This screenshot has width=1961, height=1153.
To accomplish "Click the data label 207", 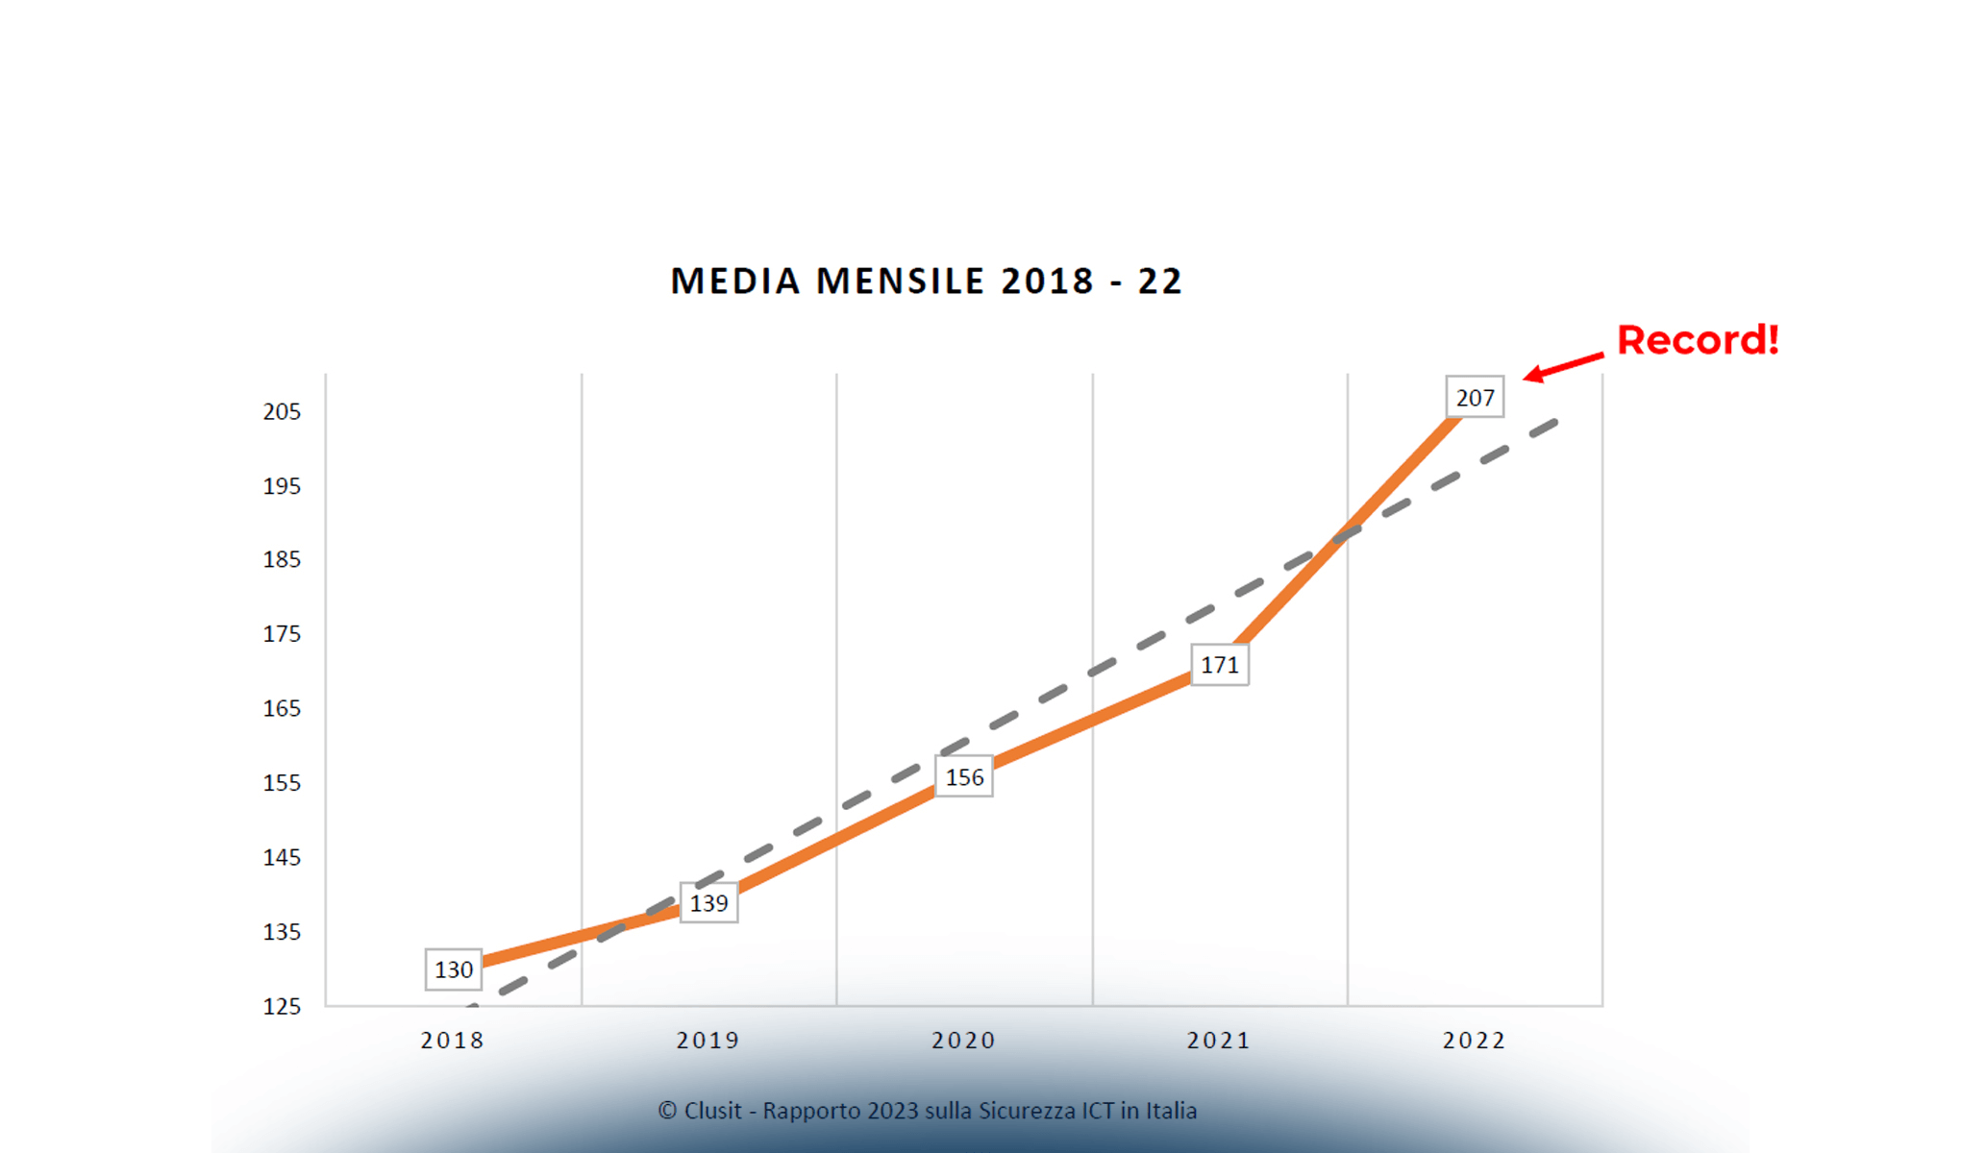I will coord(1475,398).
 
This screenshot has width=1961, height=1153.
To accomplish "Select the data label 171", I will coord(1219,665).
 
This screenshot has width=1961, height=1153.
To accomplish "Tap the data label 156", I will coord(964,777).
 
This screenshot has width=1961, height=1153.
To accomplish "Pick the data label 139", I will coord(708,903).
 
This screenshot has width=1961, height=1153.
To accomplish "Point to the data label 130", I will coord(454,969).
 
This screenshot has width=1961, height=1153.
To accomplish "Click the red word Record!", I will coord(1698,340).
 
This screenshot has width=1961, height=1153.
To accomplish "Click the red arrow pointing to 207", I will coord(1563,366).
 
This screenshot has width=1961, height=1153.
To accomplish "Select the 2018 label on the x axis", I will coord(453,1041).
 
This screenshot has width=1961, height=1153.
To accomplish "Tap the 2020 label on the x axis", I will coord(963,1041).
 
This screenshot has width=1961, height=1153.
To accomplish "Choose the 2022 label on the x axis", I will coord(1474,1041).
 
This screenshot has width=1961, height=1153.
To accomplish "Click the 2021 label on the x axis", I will coord(1219,1041).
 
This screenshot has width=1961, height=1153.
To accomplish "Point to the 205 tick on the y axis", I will coord(282,411).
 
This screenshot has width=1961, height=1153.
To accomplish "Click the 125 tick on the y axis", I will coord(282,1006).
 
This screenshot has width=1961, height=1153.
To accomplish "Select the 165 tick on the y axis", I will coord(282,708).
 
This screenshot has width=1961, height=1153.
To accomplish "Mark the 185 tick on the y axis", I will coord(282,559).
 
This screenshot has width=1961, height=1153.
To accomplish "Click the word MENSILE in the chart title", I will coord(901,282).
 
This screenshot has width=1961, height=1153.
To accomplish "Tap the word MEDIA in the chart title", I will coord(735,282).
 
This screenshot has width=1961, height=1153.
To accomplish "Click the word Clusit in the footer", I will coord(712,1111).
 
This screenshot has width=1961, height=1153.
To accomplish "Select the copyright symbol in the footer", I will coord(667,1111).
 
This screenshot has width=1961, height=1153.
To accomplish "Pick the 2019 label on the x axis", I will coord(708,1041).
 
